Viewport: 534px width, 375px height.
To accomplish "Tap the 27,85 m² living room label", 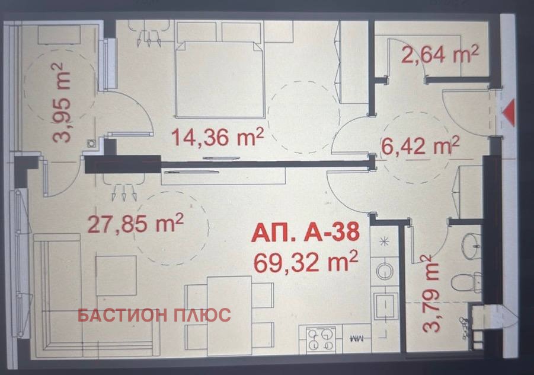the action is click(x=136, y=223).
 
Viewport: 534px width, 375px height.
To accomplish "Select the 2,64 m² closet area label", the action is click(x=440, y=54).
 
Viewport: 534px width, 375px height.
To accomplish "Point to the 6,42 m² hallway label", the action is click(x=420, y=146).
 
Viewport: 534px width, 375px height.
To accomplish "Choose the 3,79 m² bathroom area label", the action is click(x=431, y=294).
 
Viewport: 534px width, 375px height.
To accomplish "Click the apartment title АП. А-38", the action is click(x=305, y=233).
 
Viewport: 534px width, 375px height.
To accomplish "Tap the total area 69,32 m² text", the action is click(x=305, y=262).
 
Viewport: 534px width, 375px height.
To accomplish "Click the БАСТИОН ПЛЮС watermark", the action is click(x=154, y=315).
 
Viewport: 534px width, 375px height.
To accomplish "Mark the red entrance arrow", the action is click(x=509, y=112).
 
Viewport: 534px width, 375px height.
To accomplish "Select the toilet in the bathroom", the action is click(x=467, y=282).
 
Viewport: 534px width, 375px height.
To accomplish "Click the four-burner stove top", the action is click(x=321, y=339).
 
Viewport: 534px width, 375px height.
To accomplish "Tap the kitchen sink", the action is click(x=385, y=305).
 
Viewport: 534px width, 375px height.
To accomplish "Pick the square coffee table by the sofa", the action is click(x=116, y=275).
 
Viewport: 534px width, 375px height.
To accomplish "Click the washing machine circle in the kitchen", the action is click(x=385, y=272).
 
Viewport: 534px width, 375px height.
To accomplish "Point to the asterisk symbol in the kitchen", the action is click(x=385, y=242).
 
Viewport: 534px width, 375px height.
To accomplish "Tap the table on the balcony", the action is click(x=59, y=34).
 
